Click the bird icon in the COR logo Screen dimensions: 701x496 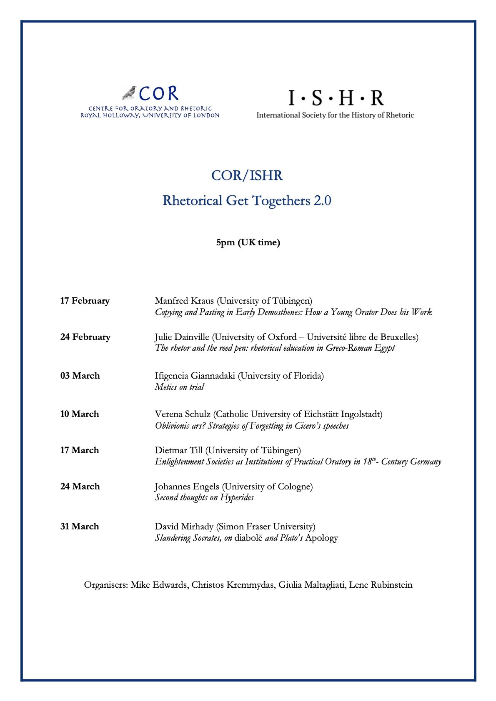[129, 93]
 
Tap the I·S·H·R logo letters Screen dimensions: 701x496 [336, 98]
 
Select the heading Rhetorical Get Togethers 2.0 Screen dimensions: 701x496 [247, 201]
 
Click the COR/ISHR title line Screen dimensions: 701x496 [247, 175]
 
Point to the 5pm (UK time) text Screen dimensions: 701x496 [248, 242]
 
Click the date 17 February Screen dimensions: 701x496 [85, 301]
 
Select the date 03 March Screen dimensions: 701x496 [80, 376]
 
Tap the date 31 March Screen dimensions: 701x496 [80, 526]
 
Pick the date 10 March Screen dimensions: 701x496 [80, 414]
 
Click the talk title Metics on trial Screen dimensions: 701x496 [179, 387]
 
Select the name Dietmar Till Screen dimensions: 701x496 [178, 450]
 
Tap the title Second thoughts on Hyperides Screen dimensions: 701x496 [204, 497]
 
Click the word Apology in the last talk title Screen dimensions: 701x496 [321, 538]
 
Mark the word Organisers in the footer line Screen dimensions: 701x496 [105, 585]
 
